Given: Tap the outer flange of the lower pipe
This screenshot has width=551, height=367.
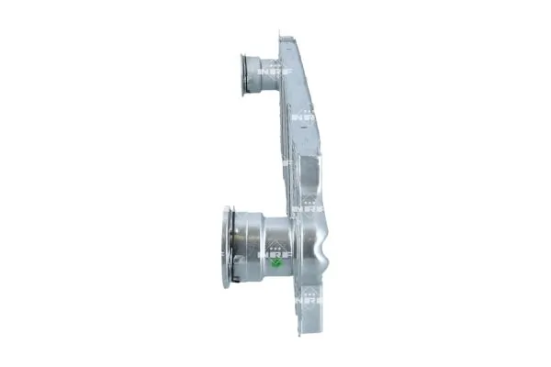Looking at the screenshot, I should click(225, 248).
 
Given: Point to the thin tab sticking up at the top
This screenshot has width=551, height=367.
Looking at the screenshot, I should click(281, 35).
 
